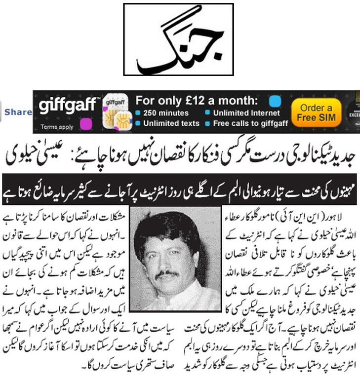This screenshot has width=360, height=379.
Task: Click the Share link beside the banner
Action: coord(18,112)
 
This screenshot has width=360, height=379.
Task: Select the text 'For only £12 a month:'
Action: coord(197,101)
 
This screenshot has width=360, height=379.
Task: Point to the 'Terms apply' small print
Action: coord(56,127)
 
